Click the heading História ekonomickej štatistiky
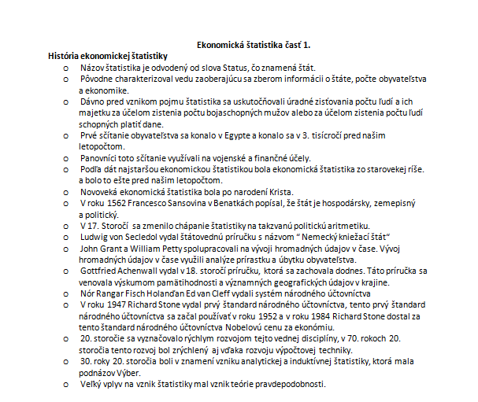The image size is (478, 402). [109, 56]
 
